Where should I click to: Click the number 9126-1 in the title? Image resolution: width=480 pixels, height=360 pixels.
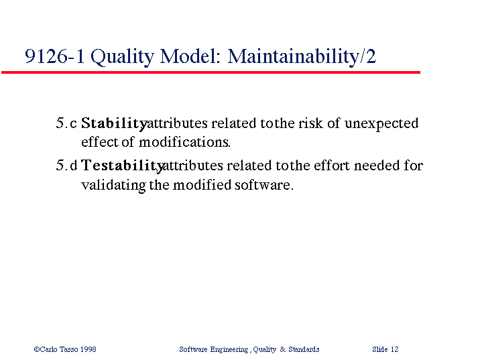tap(54, 56)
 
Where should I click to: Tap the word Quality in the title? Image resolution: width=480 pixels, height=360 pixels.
tap(122, 57)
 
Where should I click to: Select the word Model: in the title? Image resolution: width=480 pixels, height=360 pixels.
tap(190, 56)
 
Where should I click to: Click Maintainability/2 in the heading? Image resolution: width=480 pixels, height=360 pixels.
tap(302, 56)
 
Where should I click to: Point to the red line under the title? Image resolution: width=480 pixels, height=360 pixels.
tap(211, 72)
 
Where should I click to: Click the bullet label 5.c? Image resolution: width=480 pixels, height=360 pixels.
tap(66, 123)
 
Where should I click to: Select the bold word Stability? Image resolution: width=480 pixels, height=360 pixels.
tap(115, 123)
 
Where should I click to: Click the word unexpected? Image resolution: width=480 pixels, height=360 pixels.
tap(381, 124)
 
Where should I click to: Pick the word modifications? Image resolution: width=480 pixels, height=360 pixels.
tap(184, 142)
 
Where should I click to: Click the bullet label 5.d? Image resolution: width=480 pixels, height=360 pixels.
tap(66, 166)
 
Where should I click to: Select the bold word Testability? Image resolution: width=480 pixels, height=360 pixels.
tap(123, 166)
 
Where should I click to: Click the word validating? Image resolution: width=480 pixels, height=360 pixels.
tap(113, 186)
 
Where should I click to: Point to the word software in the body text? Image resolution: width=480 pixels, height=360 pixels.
tap(264, 184)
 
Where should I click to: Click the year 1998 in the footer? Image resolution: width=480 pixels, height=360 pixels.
tap(88, 349)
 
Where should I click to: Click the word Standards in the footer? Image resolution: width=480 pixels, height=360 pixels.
tap(304, 349)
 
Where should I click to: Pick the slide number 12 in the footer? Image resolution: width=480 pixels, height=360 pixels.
tap(395, 349)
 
